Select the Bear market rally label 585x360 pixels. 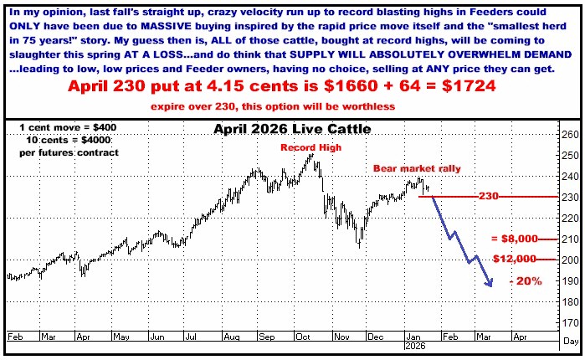(x=404, y=168)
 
